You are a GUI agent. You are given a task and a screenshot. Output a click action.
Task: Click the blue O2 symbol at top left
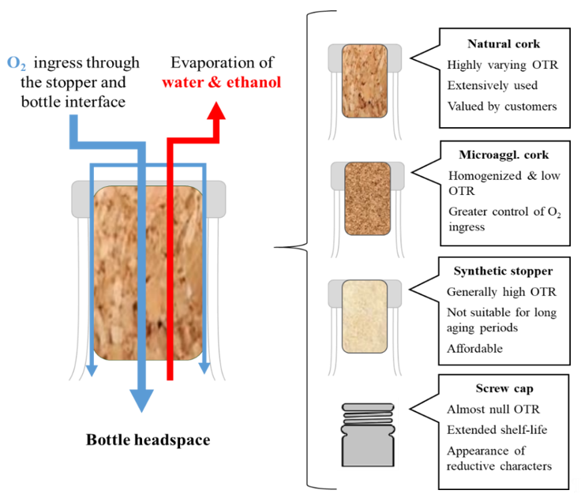(17, 63)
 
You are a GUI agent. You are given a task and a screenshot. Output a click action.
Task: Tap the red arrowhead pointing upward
(216, 110)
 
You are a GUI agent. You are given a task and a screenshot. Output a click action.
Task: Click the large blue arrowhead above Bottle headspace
(141, 401)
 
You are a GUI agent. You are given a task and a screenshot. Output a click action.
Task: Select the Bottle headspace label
(148, 440)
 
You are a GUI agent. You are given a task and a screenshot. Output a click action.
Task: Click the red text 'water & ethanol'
(222, 82)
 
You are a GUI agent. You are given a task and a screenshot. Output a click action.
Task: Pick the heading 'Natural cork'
(504, 43)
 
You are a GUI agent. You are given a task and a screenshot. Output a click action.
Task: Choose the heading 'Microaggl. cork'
(504, 155)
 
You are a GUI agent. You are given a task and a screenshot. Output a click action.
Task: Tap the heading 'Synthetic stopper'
(503, 271)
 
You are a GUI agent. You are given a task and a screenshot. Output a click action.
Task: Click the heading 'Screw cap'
(504, 388)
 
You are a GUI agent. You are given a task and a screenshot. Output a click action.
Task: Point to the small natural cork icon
(365, 81)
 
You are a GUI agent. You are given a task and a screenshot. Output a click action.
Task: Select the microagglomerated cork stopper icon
(367, 199)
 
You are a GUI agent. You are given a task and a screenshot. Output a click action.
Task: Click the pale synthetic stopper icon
(365, 316)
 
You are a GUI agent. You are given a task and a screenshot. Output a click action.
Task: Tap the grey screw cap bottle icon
(368, 435)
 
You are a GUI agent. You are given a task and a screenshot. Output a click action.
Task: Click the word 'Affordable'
(474, 349)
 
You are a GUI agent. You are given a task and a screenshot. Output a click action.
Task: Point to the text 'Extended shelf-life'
(497, 429)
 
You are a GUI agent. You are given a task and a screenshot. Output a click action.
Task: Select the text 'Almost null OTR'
(493, 410)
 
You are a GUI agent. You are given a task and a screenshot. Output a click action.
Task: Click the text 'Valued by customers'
(502, 107)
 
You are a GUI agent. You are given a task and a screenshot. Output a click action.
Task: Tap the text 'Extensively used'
(493, 85)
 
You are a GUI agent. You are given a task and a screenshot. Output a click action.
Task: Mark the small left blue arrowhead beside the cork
(92, 370)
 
